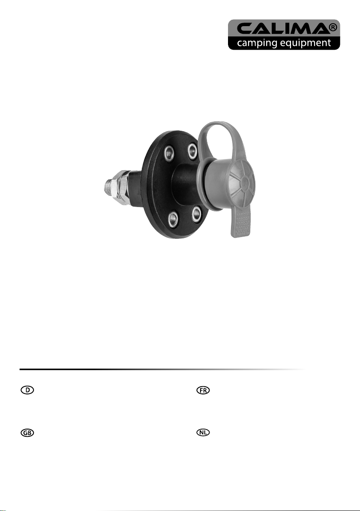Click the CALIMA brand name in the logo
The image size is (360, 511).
[282, 29]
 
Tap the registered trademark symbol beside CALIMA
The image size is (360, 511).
[333, 28]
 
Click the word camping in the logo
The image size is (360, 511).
[258, 43]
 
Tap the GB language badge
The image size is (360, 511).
[27, 433]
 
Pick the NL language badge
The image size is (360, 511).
[203, 433]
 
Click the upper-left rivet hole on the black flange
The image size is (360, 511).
[169, 153]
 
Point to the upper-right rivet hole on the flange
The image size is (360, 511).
[192, 150]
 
